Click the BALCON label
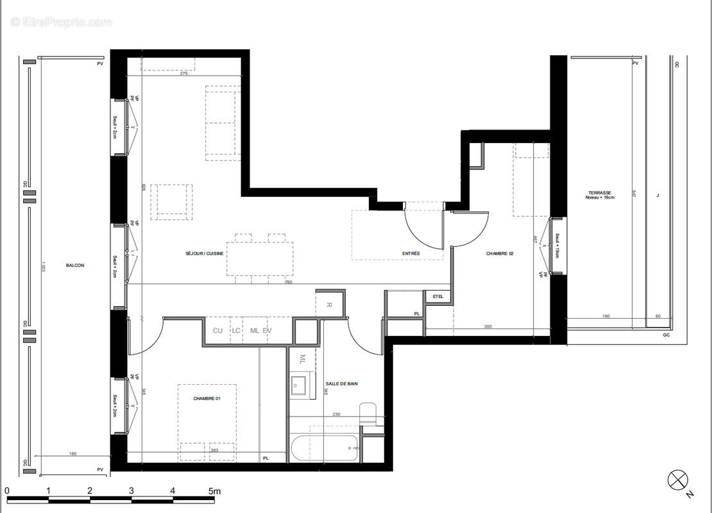tap(75, 265)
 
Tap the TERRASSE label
tap(600, 193)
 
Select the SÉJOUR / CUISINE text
tap(205, 254)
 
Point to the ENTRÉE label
tap(411, 254)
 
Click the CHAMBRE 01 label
tap(207, 399)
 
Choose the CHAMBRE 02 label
tap(500, 254)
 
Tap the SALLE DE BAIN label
tap(342, 383)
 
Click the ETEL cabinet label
tap(439, 296)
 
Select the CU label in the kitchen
tap(217, 330)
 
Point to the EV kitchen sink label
tap(267, 330)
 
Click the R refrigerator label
tap(328, 305)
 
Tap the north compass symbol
tap(677, 480)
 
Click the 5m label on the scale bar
tap(214, 491)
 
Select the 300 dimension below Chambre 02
tap(487, 327)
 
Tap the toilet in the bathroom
tap(369, 414)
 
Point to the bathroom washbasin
tap(300, 385)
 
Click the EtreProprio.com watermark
tap(61, 22)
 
